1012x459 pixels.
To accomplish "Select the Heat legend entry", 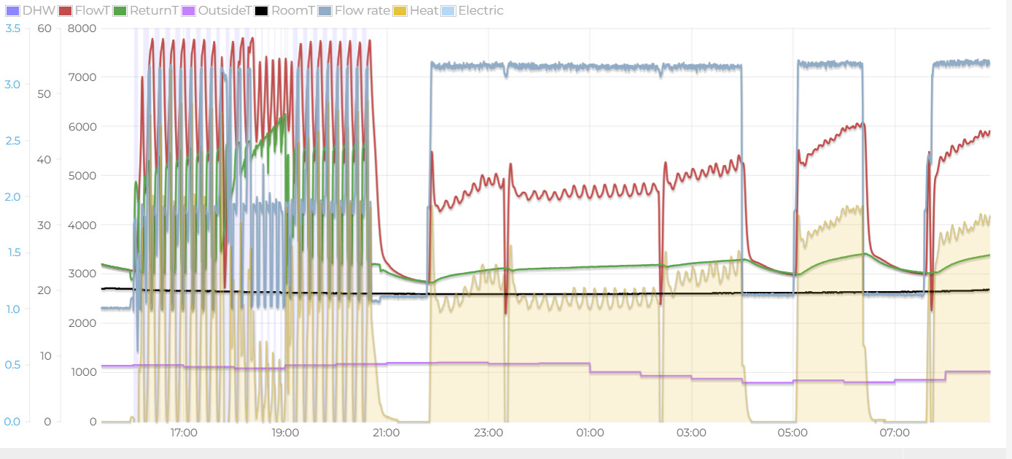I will [424, 10].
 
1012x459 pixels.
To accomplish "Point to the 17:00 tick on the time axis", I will [184, 433].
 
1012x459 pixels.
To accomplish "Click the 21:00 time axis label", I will [386, 433].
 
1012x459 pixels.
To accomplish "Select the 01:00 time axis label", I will [590, 433].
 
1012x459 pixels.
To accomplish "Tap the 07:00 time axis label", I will [895, 433].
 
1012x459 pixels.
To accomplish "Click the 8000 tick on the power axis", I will [82, 28].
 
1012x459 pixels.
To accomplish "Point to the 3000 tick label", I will [82, 274].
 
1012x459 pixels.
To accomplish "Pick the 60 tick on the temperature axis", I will [44, 28].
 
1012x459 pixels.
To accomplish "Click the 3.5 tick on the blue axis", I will [12, 28].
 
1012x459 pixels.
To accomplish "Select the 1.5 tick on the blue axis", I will [12, 253].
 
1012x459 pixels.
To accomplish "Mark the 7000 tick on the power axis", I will [82, 77].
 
